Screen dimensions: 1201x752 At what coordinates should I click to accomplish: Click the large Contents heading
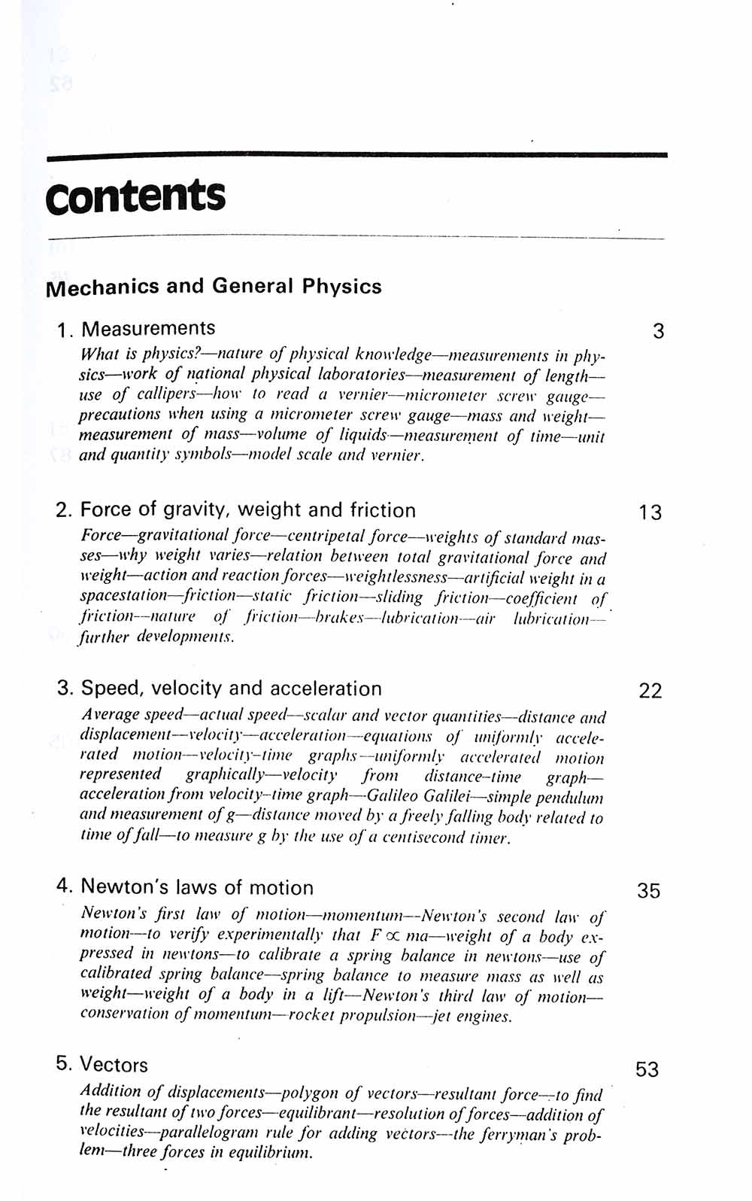pos(135,196)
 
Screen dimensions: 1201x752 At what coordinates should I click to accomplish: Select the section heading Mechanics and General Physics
pos(214,287)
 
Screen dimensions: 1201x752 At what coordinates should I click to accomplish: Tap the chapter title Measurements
pos(148,329)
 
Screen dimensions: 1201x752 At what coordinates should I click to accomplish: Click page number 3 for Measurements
pos(658,331)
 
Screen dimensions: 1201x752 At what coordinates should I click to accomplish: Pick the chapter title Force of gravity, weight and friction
pos(247,510)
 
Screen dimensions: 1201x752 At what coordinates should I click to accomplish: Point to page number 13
pos(650,513)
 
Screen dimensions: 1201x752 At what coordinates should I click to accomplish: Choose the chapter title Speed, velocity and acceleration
pos(231,689)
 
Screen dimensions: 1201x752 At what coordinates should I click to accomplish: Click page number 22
pos(650,691)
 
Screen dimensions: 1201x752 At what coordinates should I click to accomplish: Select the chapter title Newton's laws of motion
pos(197,887)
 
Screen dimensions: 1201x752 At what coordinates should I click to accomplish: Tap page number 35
pos(649,891)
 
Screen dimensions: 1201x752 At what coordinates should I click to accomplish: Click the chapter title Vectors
pos(114,1065)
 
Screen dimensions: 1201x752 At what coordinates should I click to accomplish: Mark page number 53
pos(647,1069)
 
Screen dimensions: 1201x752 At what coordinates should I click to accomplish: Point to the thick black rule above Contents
pos(356,156)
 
